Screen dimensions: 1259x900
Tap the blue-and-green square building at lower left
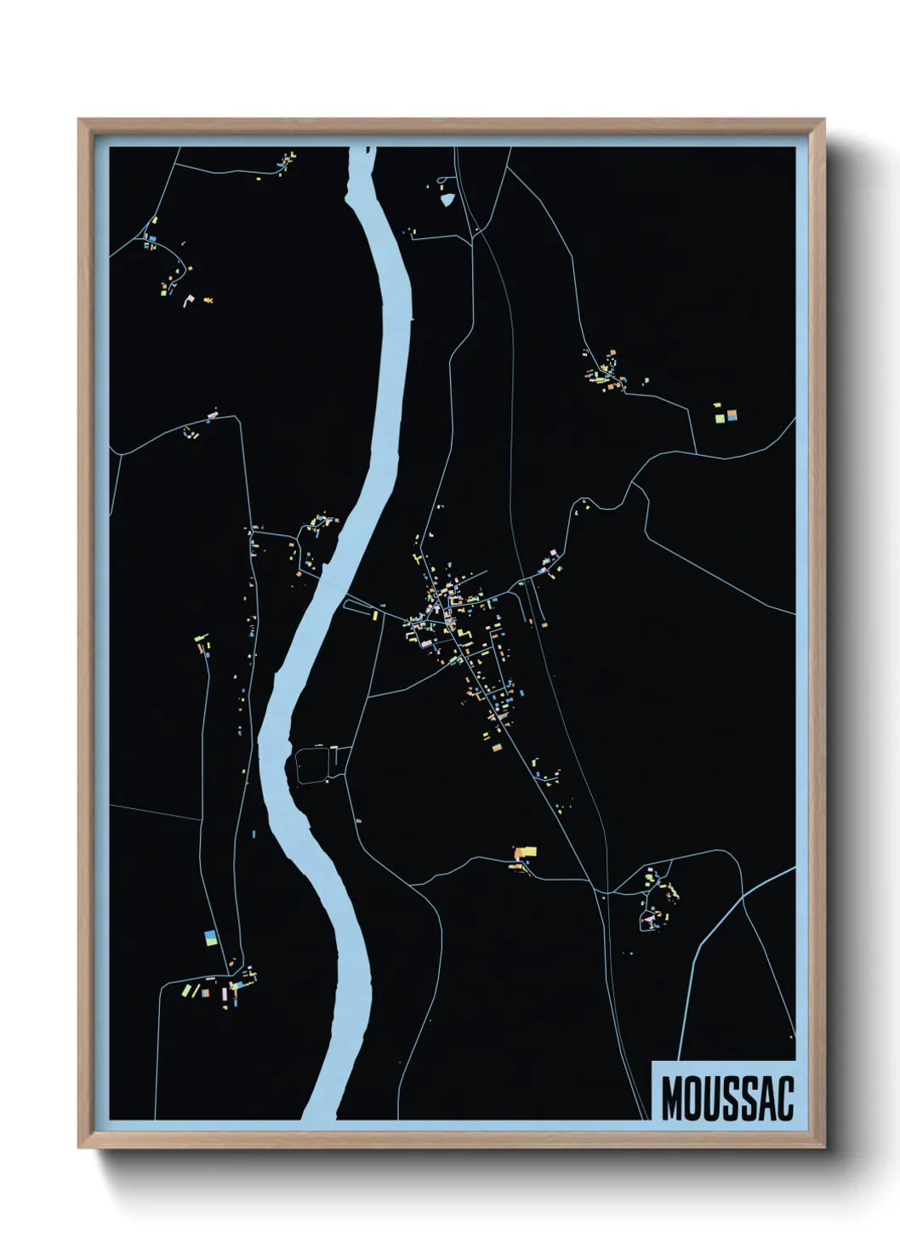pyautogui.click(x=210, y=938)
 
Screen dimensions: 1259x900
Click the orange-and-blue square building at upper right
pyautogui.click(x=731, y=416)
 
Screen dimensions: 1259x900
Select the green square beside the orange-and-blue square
pyautogui.click(x=720, y=418)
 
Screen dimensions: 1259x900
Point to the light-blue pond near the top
pyautogui.click(x=447, y=201)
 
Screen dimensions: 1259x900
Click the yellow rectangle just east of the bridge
pyautogui.click(x=373, y=614)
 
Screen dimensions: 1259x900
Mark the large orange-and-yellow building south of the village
pyautogui.click(x=525, y=852)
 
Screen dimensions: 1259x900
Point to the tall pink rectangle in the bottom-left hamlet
pyautogui.click(x=225, y=993)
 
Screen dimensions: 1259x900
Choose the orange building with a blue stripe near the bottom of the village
pyautogui.click(x=498, y=746)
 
